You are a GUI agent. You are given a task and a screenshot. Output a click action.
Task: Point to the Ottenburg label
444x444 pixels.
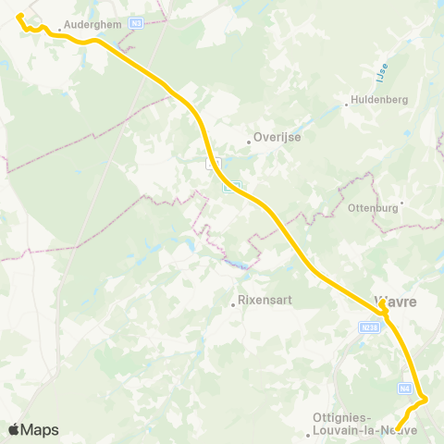pyautogui.click(x=376, y=207)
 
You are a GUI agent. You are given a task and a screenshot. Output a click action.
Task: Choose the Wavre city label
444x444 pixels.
pyautogui.click(x=396, y=302)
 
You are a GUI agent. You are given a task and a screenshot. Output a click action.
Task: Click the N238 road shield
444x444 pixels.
pyautogui.click(x=369, y=327)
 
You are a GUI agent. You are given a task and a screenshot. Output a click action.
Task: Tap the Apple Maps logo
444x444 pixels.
pyautogui.click(x=33, y=429)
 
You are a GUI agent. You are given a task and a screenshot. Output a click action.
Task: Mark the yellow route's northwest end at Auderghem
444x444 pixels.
pyautogui.click(x=19, y=16)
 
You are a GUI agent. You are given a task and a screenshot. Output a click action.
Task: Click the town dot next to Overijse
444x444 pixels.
pyautogui.click(x=250, y=142)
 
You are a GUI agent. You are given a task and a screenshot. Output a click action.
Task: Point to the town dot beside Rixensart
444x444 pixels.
pyautogui.click(x=233, y=302)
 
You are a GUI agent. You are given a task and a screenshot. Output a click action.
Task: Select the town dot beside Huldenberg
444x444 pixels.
pyautogui.click(x=347, y=104)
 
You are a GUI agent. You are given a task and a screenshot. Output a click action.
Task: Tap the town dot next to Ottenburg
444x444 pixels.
pyautogui.click(x=401, y=207)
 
